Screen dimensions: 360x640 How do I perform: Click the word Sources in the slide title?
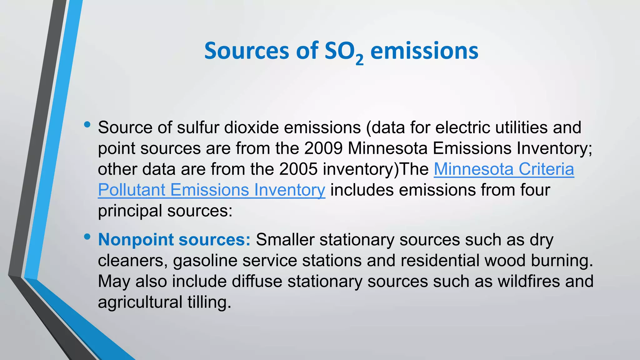246,51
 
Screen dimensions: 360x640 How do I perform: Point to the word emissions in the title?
424,51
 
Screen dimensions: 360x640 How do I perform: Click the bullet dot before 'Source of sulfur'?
87,125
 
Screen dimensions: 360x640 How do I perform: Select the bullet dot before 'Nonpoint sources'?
87,237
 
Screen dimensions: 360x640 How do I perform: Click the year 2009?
323,148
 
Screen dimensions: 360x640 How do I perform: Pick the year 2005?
298,169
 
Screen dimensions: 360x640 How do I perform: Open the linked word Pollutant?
132,190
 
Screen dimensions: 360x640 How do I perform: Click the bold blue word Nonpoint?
136,240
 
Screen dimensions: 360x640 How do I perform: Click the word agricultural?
140,302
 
